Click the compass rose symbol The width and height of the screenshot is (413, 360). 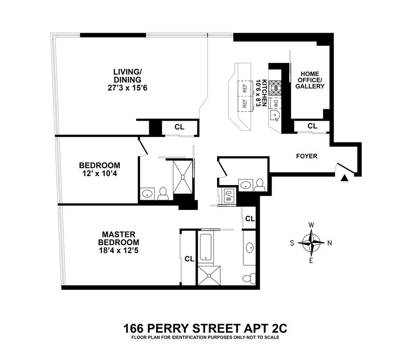tap(311, 242)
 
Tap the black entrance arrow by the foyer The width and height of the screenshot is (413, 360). tap(344, 178)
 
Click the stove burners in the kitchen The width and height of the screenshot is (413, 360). tap(276, 88)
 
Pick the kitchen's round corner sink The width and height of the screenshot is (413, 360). tap(275, 115)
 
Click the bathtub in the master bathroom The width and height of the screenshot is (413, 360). tap(205, 247)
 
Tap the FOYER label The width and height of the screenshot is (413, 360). tap(307, 156)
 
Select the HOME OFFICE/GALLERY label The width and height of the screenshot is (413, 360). tap(310, 80)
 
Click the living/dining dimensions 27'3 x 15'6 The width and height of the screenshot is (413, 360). tap(127, 88)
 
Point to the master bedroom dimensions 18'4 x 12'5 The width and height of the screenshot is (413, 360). tap(118, 250)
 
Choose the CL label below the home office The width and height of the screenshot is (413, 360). tap(313, 126)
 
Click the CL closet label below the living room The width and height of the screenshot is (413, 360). tap(179, 127)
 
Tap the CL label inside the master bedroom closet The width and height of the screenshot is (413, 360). tap(189, 259)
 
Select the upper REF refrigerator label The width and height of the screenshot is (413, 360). tap(245, 88)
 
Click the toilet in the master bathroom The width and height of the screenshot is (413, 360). tap(249, 278)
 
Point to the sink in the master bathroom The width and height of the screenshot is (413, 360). tap(250, 248)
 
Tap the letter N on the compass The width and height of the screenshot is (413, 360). tap(329, 243)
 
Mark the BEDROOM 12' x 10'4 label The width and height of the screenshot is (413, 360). tap(100, 169)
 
